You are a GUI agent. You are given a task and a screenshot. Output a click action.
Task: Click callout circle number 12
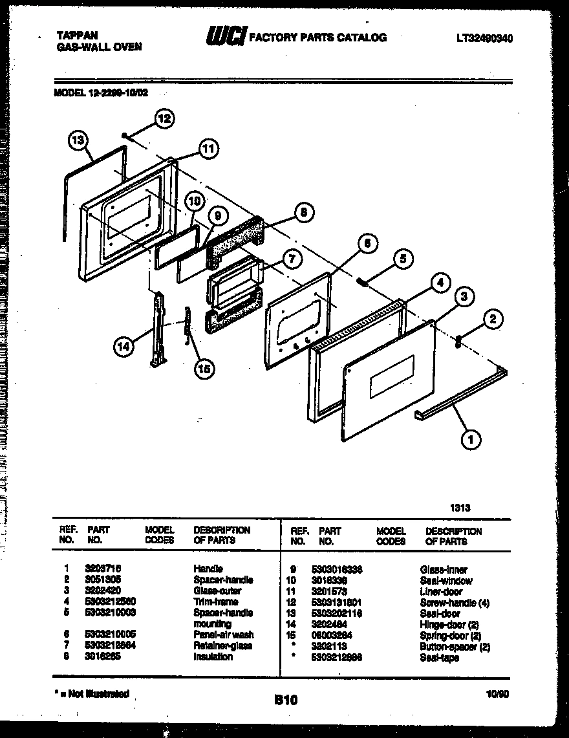[x=165, y=118]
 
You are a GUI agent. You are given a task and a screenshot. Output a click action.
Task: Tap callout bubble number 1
[x=470, y=440]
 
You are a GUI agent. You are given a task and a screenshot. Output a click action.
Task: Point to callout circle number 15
[x=204, y=368]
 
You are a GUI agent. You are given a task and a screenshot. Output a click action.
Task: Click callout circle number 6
[x=366, y=244]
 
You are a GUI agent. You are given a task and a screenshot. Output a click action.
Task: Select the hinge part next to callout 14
[x=157, y=330]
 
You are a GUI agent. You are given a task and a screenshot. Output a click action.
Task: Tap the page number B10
[x=285, y=700]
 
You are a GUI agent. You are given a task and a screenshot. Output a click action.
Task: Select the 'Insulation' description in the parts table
[x=213, y=657]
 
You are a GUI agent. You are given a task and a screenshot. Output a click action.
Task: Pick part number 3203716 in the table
[x=103, y=569]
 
